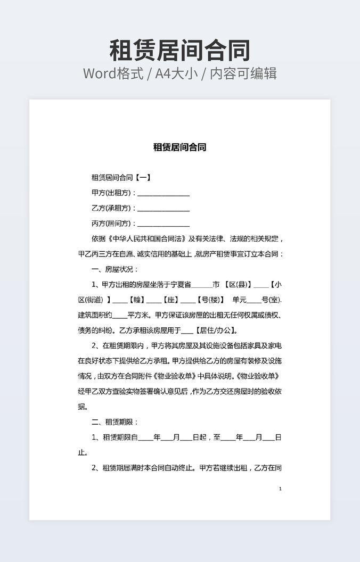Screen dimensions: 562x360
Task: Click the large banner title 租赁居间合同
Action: (179, 51)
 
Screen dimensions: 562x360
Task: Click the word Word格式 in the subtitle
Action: (113, 73)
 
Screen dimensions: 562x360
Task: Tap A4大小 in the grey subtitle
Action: (177, 73)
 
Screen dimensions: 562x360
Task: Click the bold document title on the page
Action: (179, 147)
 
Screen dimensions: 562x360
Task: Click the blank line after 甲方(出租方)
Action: (163, 193)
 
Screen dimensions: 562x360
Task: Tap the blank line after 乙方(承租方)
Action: (163, 209)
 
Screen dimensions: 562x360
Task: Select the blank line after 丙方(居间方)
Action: (163, 224)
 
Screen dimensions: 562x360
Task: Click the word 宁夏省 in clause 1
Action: (180, 285)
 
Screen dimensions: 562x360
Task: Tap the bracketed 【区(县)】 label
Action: (236, 285)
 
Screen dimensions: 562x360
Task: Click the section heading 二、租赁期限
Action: (114, 422)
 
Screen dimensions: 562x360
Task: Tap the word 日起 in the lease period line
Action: (199, 437)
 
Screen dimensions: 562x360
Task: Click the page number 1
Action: (280, 489)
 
